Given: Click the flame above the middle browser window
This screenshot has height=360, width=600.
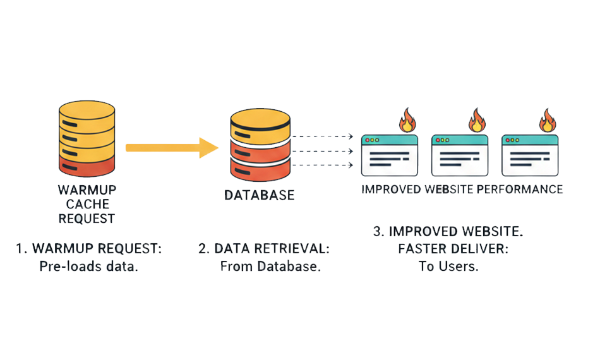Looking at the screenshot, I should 476,119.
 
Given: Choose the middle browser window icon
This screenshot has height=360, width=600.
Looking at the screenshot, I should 459,155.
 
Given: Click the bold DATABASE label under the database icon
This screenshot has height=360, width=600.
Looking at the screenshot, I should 260,195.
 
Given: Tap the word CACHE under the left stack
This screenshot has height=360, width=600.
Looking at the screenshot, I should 87,204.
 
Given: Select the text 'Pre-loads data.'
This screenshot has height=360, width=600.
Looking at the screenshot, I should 88,266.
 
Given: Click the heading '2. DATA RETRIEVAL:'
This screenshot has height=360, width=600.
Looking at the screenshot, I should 264,249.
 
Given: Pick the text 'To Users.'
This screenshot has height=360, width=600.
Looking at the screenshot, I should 448,266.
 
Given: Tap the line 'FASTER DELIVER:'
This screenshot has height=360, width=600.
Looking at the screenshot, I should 449,249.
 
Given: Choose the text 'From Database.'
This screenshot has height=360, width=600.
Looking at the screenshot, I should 270,266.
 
